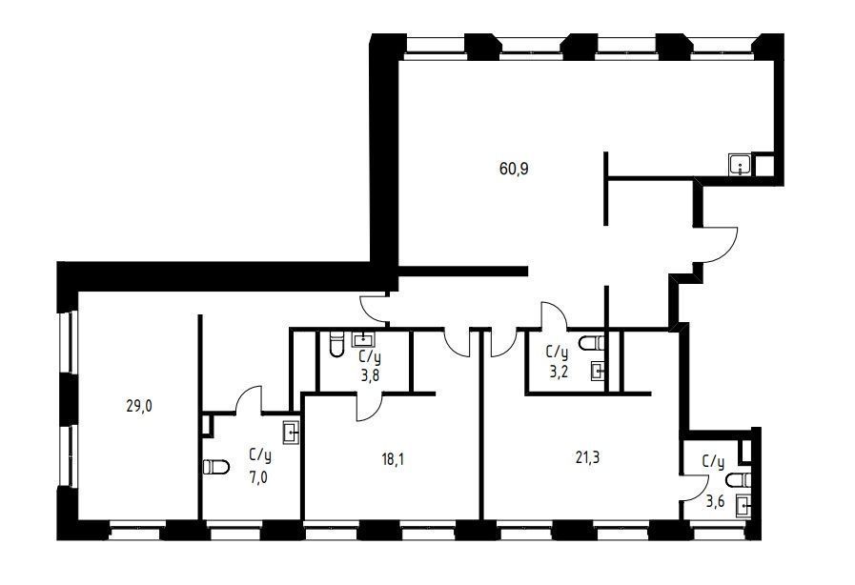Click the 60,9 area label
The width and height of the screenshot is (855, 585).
(514, 169)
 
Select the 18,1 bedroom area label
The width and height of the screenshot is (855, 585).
(393, 459)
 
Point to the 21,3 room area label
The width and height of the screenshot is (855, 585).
(587, 458)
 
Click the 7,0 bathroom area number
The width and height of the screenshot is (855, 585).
(259, 478)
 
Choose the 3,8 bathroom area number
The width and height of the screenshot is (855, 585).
(369, 376)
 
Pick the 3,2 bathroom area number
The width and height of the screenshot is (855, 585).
(557, 372)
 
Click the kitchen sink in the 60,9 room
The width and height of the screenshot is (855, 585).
(740, 164)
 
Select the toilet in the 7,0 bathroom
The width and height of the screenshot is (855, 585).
(216, 467)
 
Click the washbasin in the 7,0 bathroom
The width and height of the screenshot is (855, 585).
(291, 433)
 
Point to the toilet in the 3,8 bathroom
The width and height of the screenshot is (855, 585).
(337, 344)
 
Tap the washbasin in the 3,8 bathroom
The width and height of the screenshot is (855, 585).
(363, 339)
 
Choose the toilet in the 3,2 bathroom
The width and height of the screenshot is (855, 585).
(592, 344)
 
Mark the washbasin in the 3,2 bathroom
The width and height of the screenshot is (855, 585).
(599, 372)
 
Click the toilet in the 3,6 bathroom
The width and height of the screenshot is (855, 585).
(740, 480)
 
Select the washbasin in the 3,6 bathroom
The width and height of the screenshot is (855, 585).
(743, 505)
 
